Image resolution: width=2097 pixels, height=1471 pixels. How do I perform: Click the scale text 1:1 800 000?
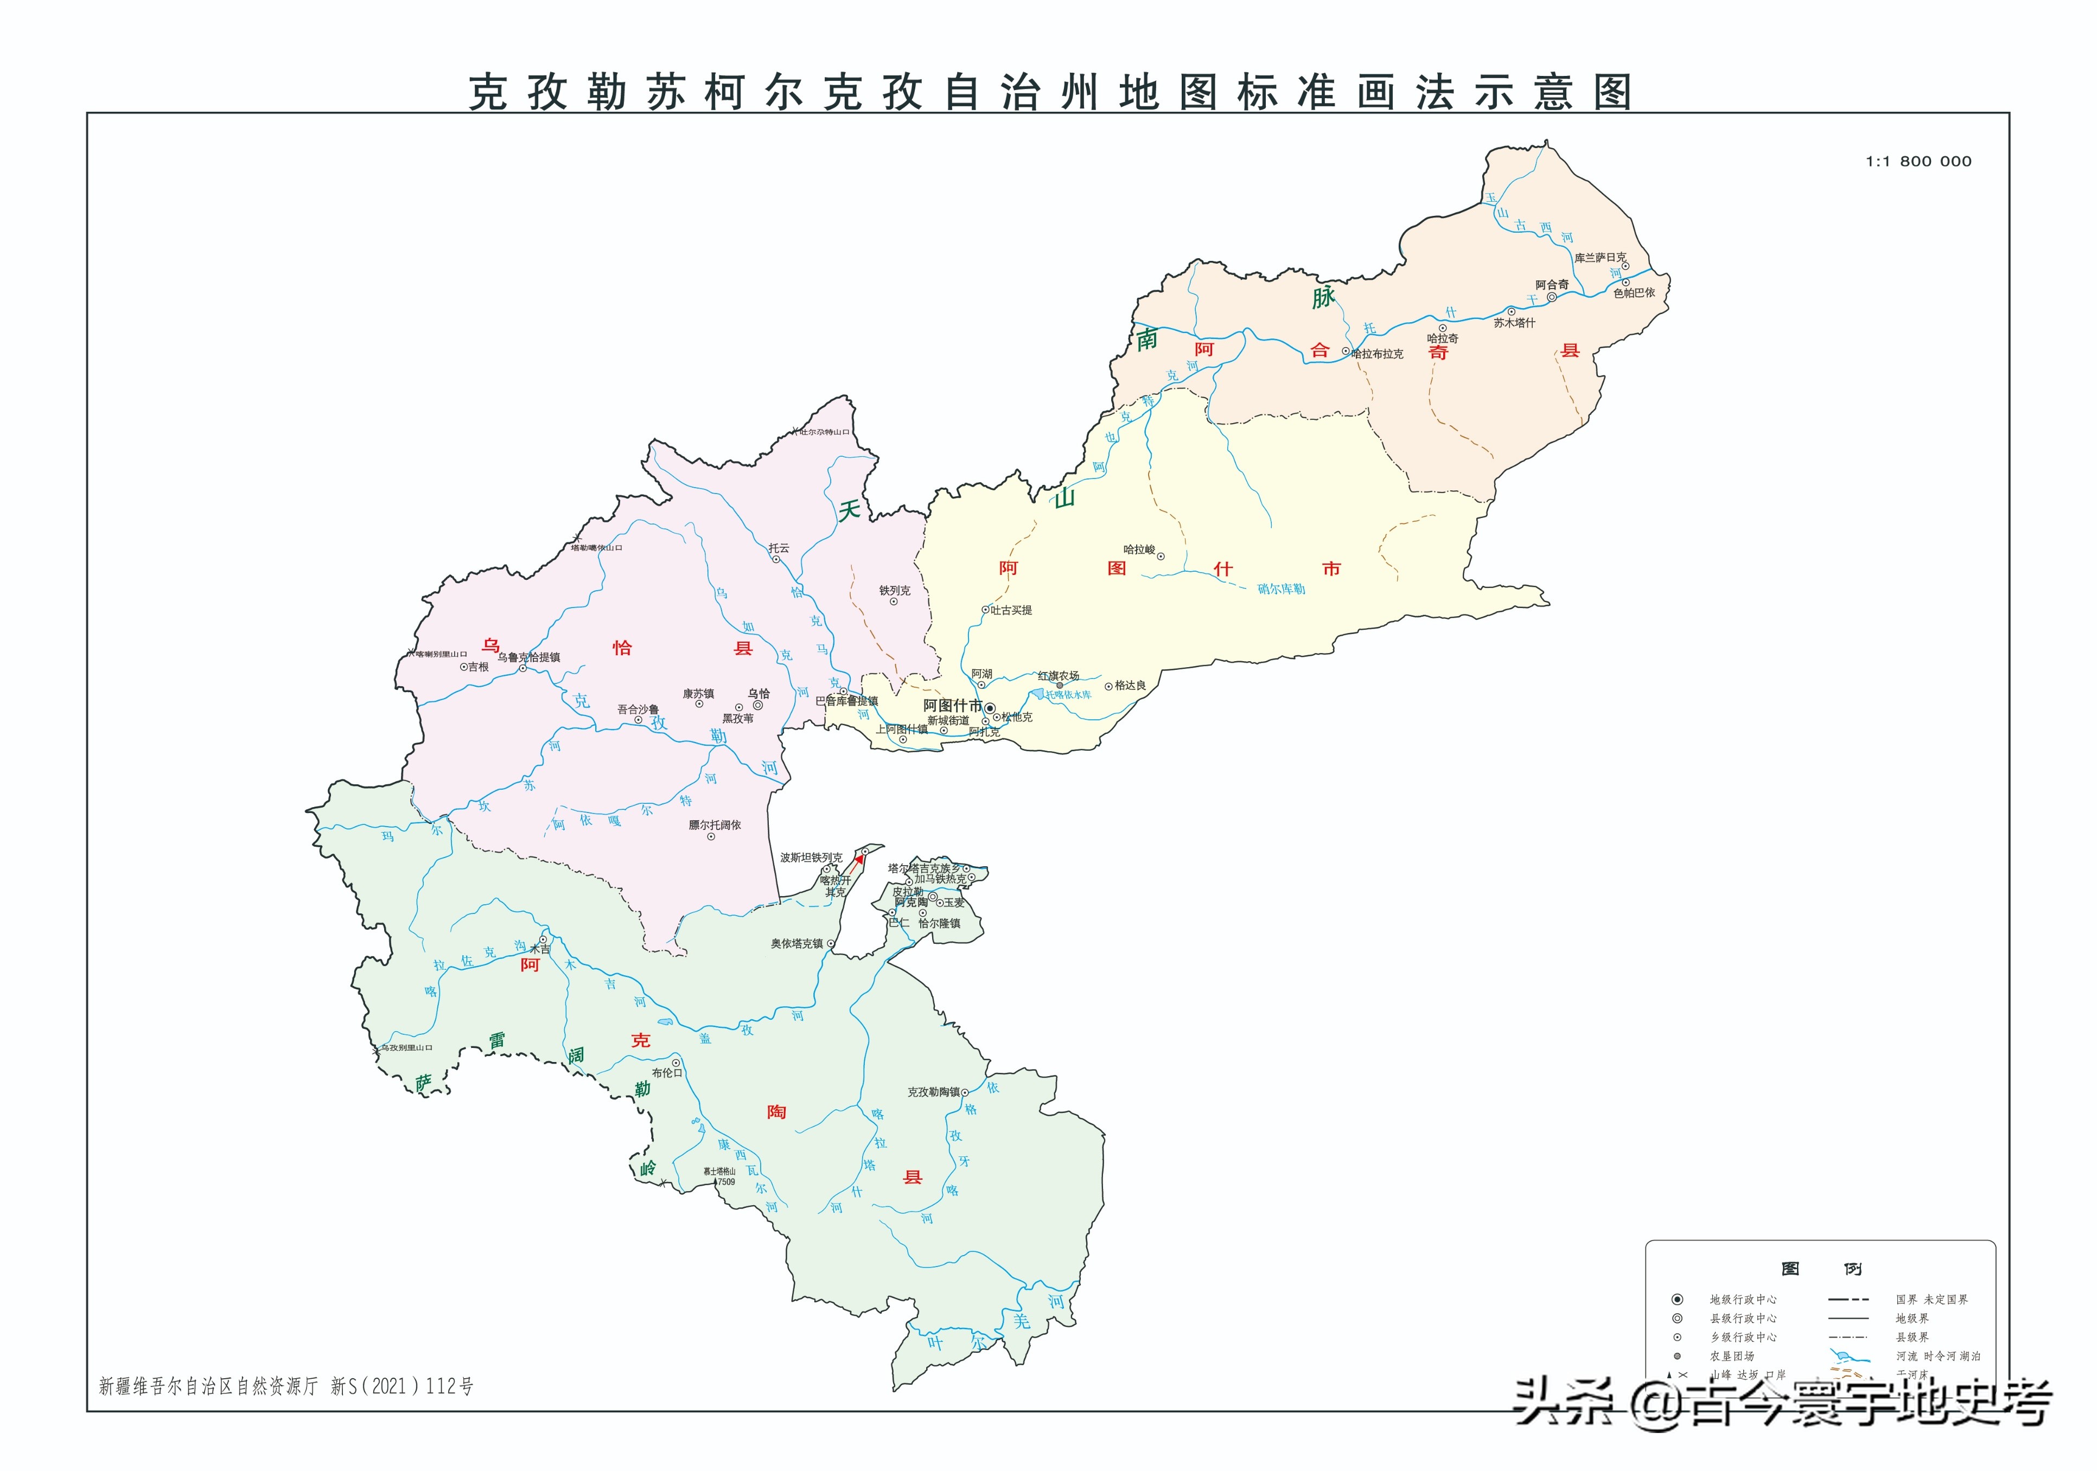(x=1918, y=162)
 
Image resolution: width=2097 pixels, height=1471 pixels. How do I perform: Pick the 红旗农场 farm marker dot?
(x=1060, y=685)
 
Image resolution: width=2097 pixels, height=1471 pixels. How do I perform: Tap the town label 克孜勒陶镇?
(x=933, y=1092)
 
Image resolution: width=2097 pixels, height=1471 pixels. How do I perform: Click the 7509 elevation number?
(x=725, y=1181)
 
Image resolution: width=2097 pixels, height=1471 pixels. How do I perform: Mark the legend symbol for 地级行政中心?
(x=1677, y=1300)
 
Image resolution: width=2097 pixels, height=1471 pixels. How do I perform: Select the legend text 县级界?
(x=1911, y=1337)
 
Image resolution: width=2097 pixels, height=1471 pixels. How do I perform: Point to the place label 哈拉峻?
(x=1139, y=549)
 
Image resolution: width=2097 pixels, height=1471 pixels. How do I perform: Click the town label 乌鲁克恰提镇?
(x=529, y=657)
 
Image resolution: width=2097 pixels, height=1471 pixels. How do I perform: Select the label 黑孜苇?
(x=738, y=719)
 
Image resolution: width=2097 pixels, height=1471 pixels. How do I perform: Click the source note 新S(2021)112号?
(x=402, y=1386)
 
